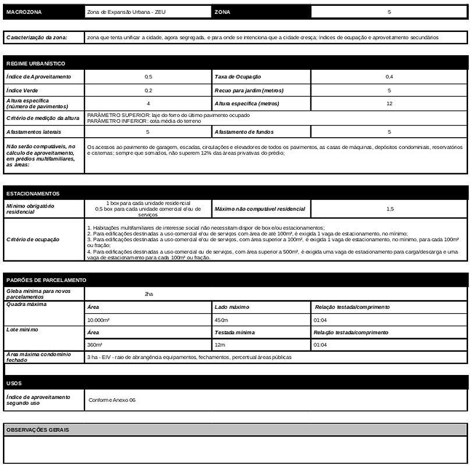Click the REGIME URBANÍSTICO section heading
[36, 63]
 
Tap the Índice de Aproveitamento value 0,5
[148, 77]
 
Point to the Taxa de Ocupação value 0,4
[389, 77]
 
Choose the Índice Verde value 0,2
[148, 91]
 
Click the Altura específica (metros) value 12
[389, 103]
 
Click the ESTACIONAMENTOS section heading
[33, 194]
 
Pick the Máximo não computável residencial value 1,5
[389, 208]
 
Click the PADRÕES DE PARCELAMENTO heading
[46, 280]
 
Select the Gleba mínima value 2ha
[148, 294]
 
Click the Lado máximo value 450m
[221, 320]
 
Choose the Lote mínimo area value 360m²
[94, 345]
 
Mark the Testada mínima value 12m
[219, 345]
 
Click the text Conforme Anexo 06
[112, 400]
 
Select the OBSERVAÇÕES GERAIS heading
[37, 430]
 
